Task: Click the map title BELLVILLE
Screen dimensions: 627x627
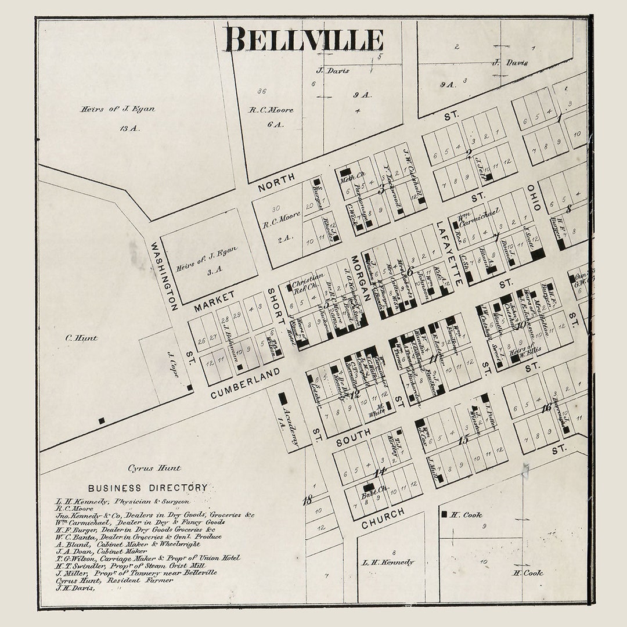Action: click(304, 39)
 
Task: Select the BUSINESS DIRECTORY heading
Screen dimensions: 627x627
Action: click(147, 488)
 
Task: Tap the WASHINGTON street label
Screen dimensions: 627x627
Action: click(164, 276)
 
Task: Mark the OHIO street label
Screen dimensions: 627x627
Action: click(533, 199)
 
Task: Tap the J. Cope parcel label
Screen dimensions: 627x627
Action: click(172, 363)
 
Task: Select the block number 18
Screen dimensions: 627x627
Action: click(307, 500)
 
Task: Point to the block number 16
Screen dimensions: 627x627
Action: click(545, 408)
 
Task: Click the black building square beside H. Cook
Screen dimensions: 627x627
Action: click(444, 514)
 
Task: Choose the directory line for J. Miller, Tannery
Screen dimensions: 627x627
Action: click(136, 572)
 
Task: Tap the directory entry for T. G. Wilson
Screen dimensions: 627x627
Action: click(147, 558)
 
